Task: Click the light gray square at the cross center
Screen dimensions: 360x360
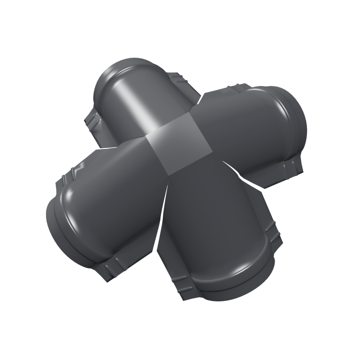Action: coord(177,145)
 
